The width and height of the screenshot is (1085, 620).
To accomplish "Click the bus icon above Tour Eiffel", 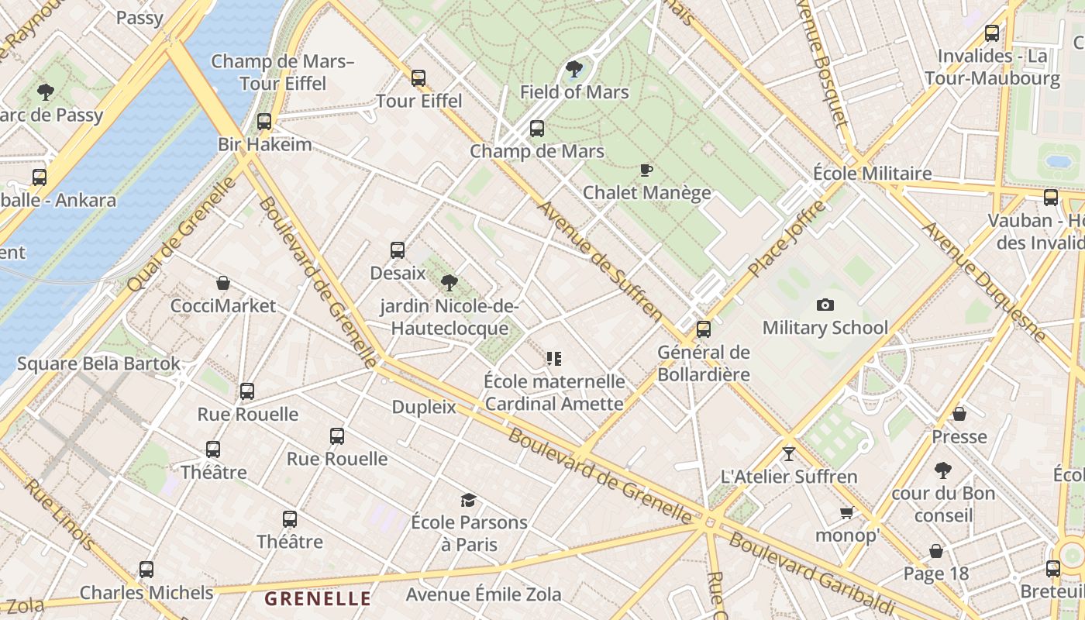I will [418, 77].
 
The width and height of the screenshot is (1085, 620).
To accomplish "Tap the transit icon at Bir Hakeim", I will [264, 122].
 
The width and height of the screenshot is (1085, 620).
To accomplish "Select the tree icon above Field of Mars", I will [574, 69].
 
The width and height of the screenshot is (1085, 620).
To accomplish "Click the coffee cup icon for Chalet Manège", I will [646, 170].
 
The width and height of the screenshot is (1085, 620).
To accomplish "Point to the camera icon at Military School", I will [825, 305].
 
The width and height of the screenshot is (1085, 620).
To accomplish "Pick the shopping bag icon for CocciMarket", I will [223, 283].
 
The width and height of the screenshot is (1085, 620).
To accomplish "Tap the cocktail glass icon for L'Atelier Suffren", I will [789, 453].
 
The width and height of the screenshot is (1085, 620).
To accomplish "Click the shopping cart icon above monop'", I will [847, 512].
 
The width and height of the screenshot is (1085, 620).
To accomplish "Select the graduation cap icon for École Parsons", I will [468, 500].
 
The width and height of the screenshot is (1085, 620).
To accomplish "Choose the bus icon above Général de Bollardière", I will [704, 329].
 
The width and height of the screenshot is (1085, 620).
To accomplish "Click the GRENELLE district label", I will [318, 598].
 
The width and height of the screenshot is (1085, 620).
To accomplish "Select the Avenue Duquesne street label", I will [984, 282].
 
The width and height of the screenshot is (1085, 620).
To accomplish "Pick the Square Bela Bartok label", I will [98, 363].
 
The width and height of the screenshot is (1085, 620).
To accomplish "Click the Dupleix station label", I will [424, 407].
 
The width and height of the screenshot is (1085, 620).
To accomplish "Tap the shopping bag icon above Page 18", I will [936, 551].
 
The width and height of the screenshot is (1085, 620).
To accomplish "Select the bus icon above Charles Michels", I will [146, 570].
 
